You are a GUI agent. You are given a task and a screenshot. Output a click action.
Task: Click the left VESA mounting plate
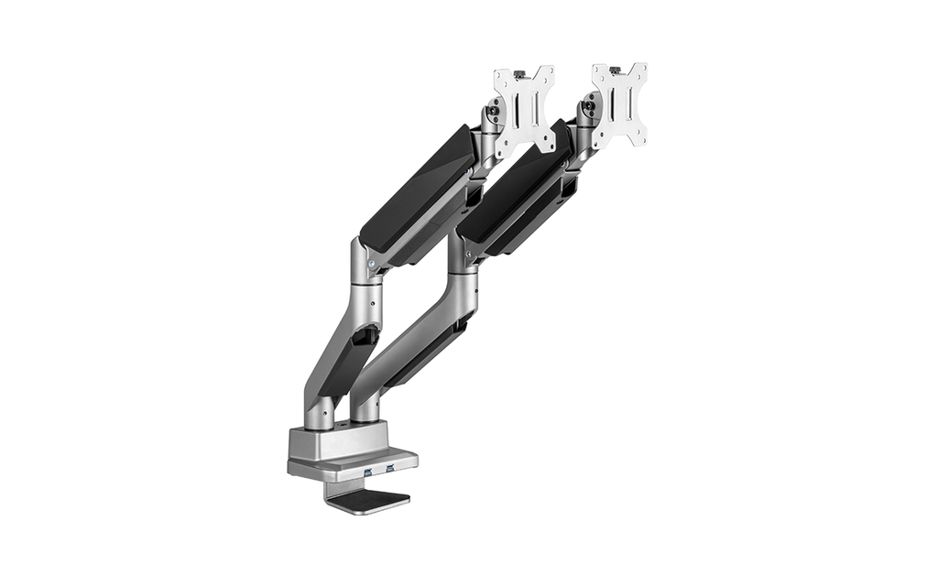(x=524, y=109)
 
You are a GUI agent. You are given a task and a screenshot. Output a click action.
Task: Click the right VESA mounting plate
(x=620, y=105)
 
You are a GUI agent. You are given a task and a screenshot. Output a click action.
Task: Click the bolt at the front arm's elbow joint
(x=372, y=263)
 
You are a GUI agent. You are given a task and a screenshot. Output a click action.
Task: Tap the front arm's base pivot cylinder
(x=319, y=412)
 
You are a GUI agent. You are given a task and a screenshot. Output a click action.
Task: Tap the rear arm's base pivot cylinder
(x=365, y=407)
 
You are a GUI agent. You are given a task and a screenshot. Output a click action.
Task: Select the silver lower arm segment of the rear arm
(x=417, y=330)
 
